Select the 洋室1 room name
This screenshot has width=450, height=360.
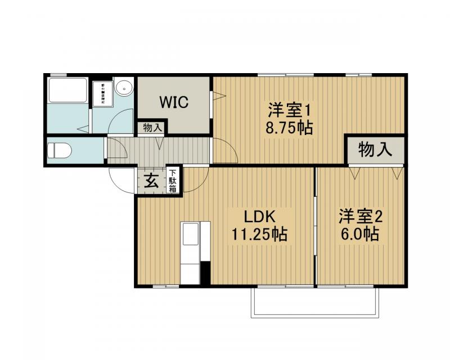(x=289, y=109)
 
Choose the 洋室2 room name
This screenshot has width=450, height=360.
(x=360, y=217)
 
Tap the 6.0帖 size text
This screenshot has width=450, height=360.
(x=360, y=234)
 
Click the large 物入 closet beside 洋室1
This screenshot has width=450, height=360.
(x=375, y=150)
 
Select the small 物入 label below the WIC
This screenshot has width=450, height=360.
(x=152, y=128)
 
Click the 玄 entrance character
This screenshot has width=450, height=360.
(x=151, y=181)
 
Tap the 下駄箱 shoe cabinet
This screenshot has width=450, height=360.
(x=173, y=181)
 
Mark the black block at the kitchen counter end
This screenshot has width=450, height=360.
(x=205, y=273)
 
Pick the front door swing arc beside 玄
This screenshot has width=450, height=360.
(x=120, y=181)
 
